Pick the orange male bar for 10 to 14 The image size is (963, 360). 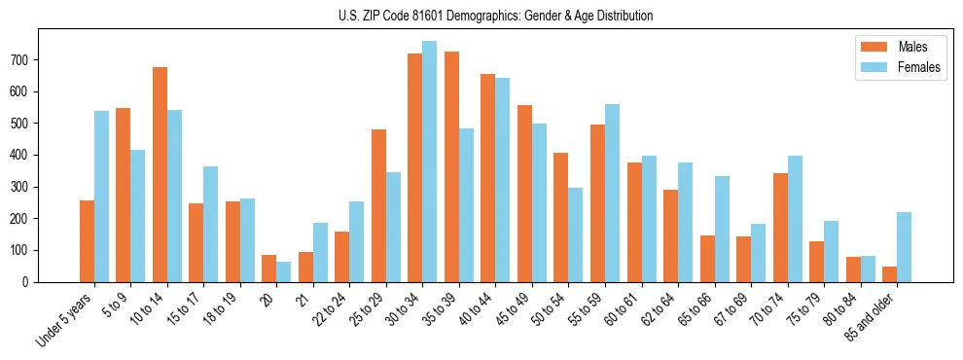[160, 175]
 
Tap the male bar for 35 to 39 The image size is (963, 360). [451, 166]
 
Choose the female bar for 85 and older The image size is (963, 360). [904, 247]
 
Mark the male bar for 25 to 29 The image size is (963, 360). [378, 205]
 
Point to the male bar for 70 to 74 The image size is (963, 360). [780, 228]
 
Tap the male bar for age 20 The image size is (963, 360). [269, 269]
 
